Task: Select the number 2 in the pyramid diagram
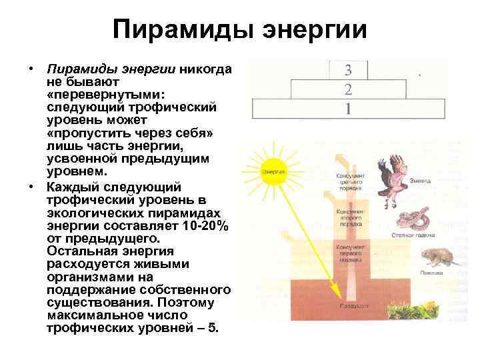click(x=348, y=89)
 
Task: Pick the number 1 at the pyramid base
click(x=348, y=108)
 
